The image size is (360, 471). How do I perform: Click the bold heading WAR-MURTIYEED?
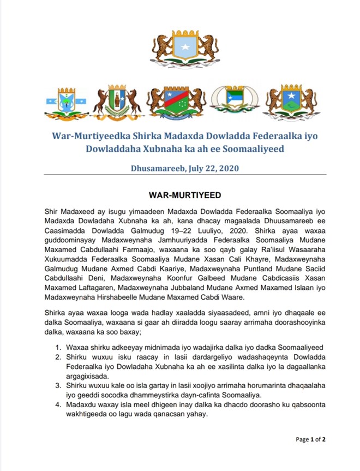pyautogui.click(x=179, y=194)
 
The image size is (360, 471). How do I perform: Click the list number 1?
pyautogui.click(x=58, y=347)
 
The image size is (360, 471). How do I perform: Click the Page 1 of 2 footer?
pyautogui.click(x=311, y=439)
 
